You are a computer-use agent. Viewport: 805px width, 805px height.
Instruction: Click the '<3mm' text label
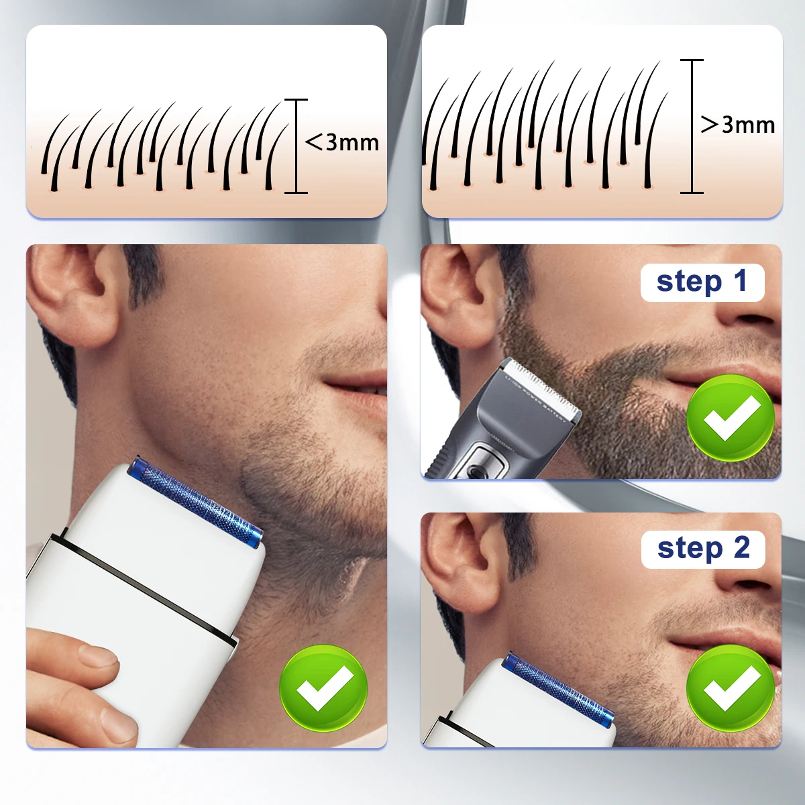click(342, 142)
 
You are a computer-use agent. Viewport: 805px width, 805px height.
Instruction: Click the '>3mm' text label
click(738, 125)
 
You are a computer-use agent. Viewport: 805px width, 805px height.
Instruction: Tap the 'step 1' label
click(702, 282)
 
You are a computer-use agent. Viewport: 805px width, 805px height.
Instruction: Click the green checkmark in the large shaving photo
click(323, 689)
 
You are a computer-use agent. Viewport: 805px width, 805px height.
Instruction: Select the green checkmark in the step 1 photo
click(731, 419)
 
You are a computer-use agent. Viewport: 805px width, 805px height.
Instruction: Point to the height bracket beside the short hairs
click(296, 146)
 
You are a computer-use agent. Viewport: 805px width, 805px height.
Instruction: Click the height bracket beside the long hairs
click(692, 126)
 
